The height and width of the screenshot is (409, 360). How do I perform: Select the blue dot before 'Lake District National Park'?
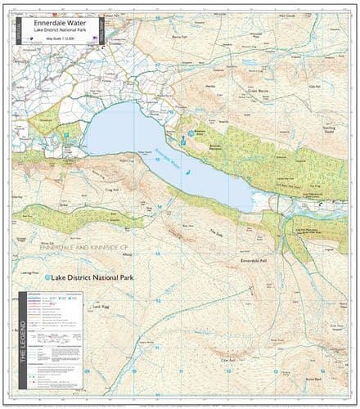47,278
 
